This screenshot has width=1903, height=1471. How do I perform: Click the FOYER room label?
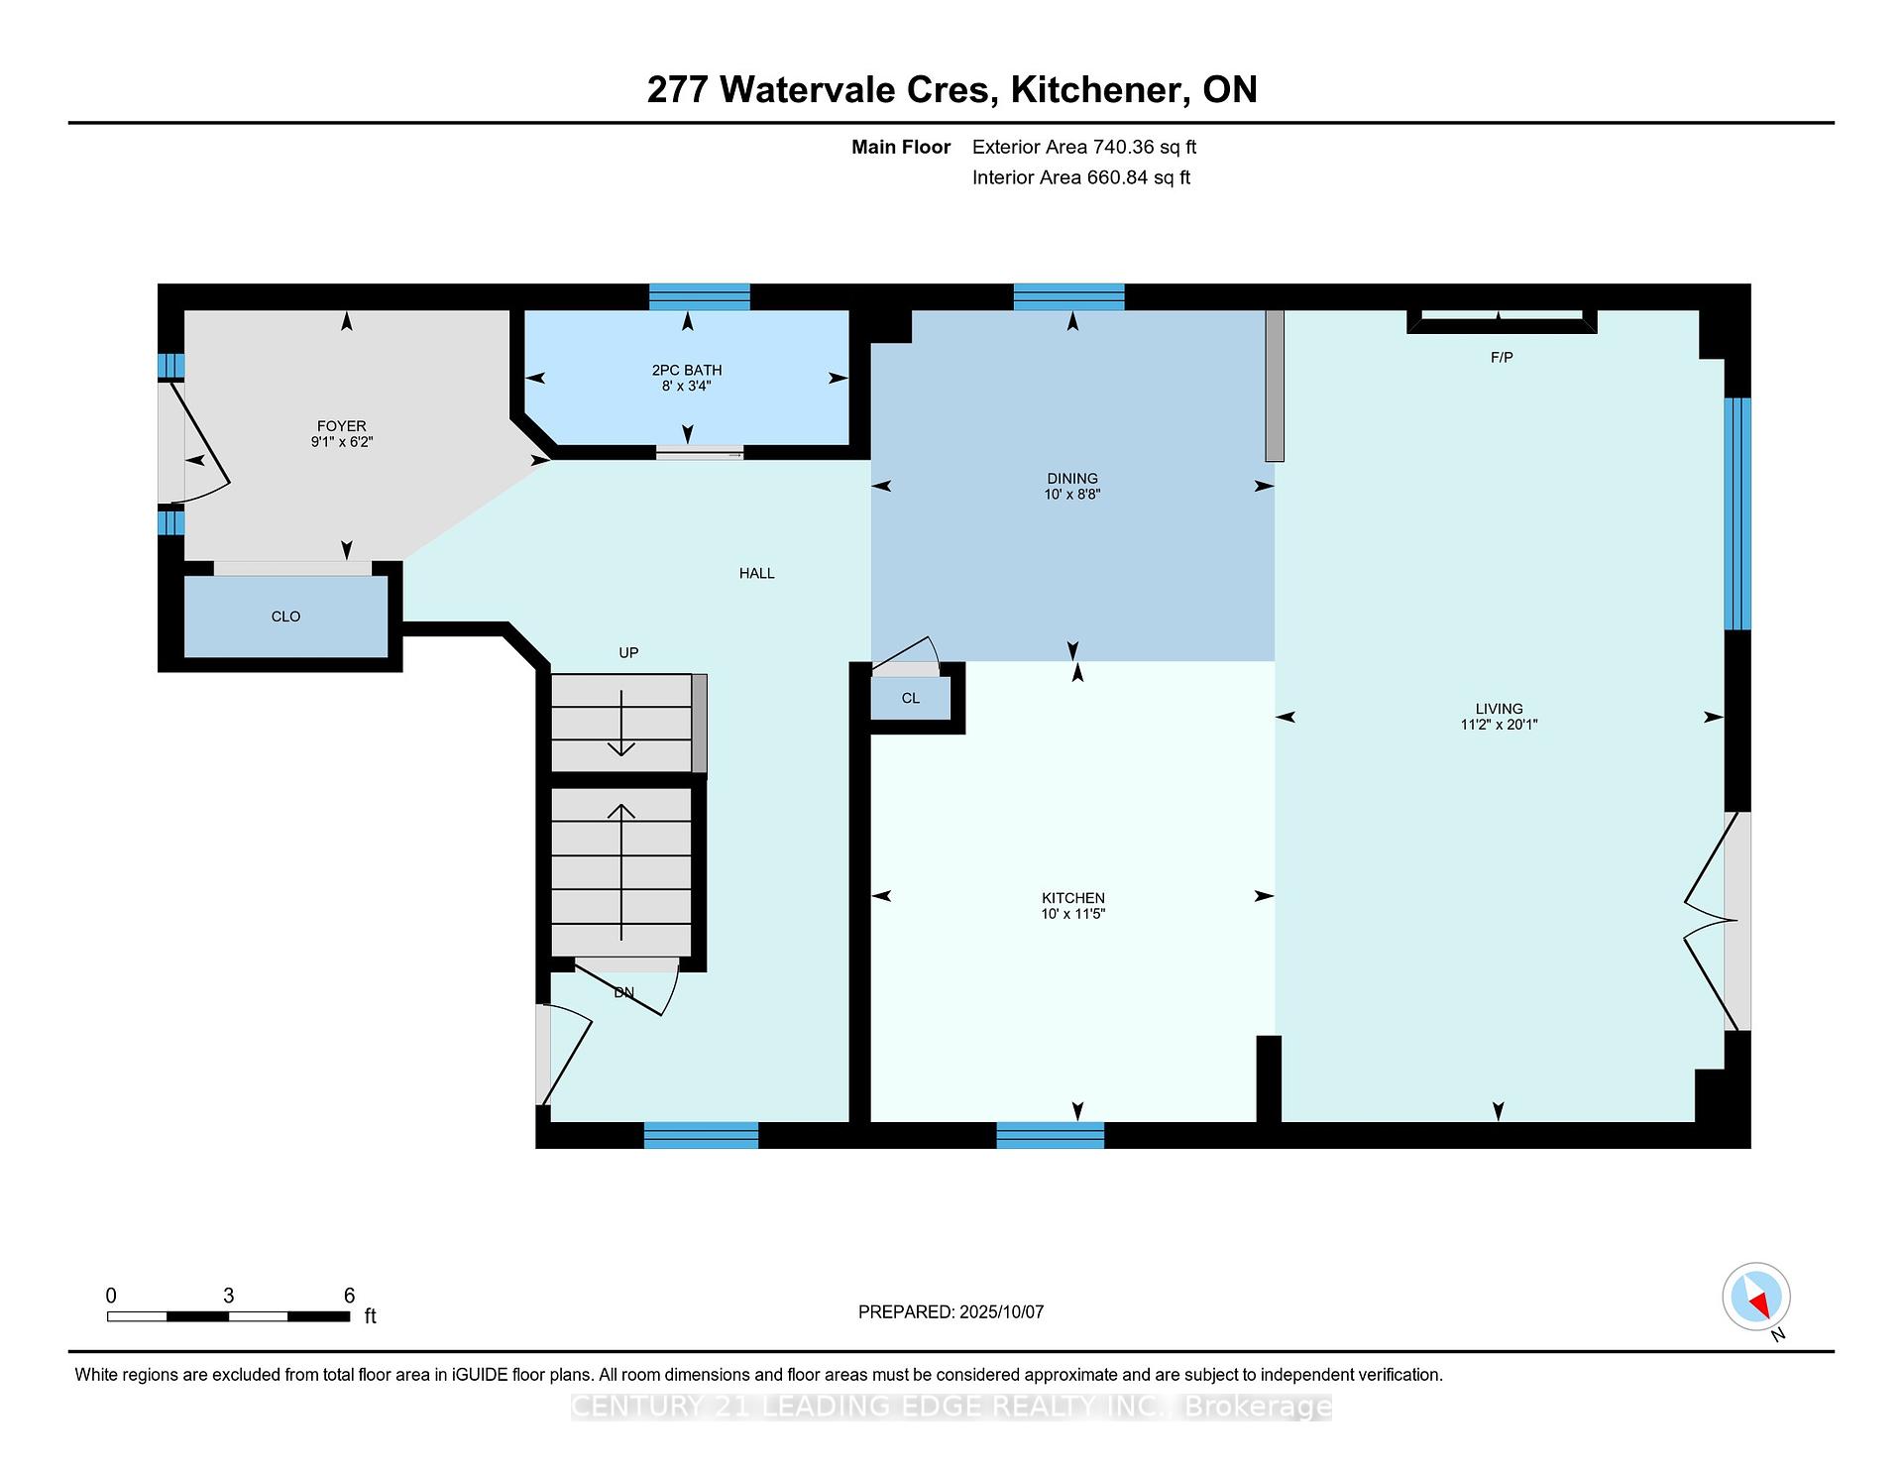click(342, 426)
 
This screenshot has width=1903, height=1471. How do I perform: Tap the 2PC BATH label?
click(687, 371)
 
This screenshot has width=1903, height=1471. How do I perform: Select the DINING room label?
click(1072, 479)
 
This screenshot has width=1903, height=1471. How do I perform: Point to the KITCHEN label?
click(1072, 898)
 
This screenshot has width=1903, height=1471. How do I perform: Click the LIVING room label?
click(1499, 709)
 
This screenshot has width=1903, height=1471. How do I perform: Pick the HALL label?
click(757, 573)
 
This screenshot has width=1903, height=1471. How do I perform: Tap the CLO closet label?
click(285, 617)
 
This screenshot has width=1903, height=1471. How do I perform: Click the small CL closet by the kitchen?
click(911, 698)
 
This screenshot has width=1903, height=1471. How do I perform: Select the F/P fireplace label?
click(1502, 357)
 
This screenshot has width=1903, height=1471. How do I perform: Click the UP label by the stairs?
click(628, 652)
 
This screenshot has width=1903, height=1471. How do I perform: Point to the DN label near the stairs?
click(623, 992)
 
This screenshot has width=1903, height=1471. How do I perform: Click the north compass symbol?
click(1756, 1298)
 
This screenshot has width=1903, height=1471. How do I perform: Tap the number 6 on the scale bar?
click(349, 1296)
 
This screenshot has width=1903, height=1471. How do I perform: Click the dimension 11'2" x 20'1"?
click(1499, 725)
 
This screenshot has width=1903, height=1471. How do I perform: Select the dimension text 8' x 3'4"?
click(687, 386)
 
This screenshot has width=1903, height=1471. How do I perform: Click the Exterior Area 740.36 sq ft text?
click(1084, 148)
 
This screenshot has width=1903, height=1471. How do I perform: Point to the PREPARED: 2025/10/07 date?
click(951, 1312)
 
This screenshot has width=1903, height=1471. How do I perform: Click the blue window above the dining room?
click(1068, 297)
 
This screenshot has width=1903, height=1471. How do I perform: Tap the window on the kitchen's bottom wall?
click(1050, 1135)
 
